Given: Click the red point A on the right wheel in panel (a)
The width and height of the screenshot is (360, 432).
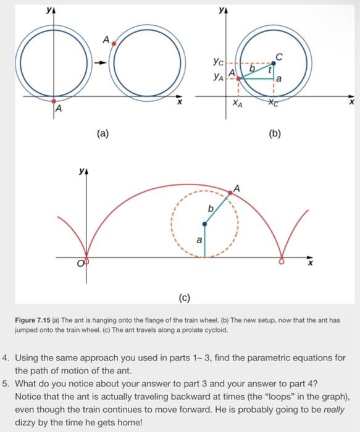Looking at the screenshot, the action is coord(114,46).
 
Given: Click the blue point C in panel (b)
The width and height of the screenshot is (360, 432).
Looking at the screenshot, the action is coord(274,63).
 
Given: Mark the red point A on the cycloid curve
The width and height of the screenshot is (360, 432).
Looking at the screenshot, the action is coord(231,193).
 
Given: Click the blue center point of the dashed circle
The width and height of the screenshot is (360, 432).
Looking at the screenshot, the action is coord(204,224).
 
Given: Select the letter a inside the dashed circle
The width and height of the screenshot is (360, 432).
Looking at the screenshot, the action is coord(198,240).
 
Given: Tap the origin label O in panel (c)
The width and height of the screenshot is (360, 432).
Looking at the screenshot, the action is coord(80,264).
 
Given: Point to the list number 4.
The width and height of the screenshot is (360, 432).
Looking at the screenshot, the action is coord(6,358).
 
